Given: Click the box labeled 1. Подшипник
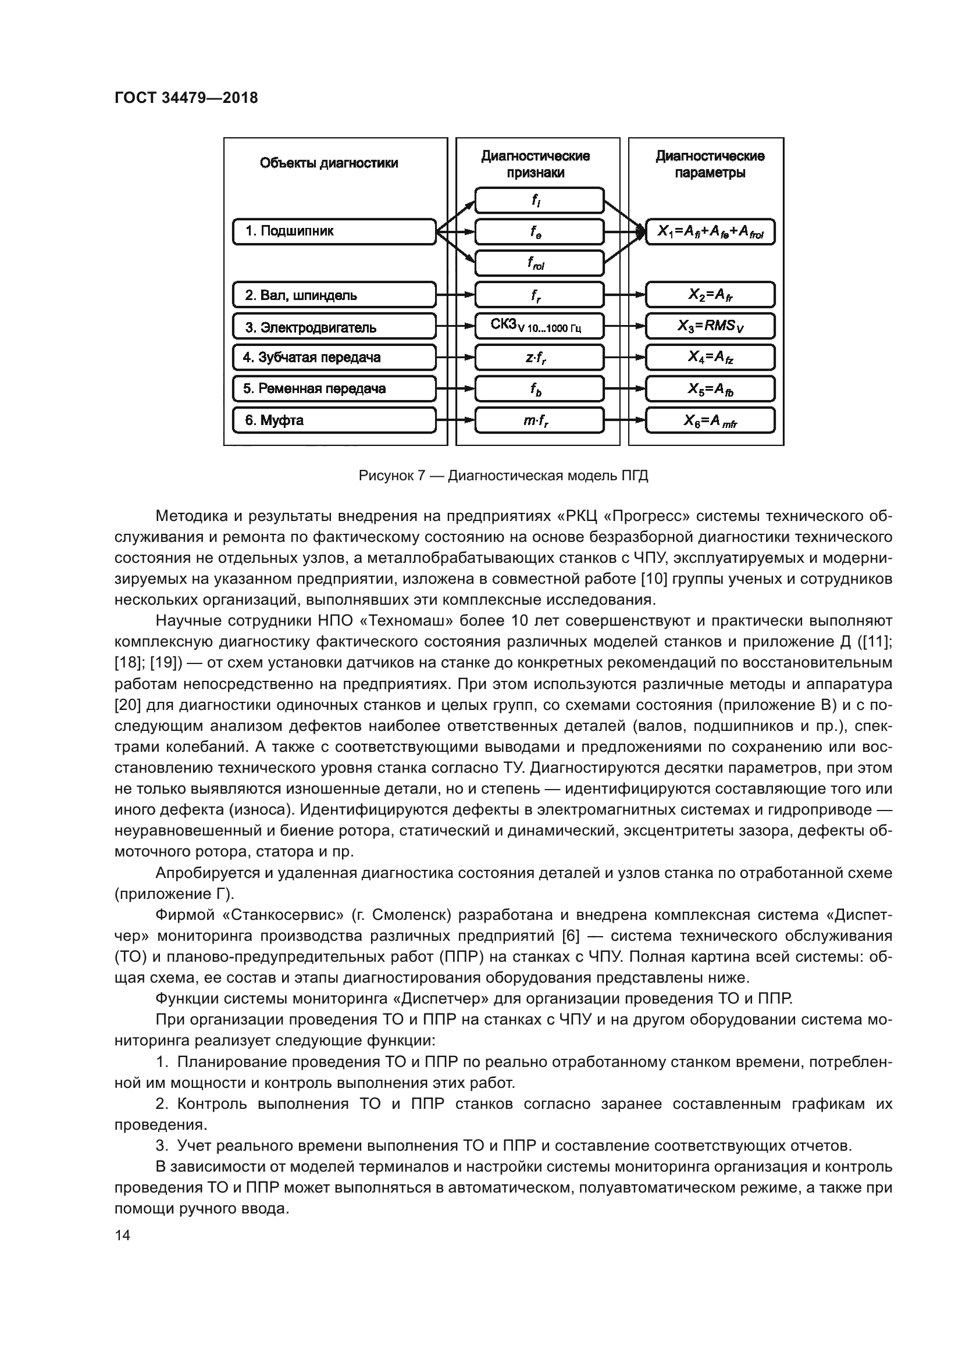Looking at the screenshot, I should (x=333, y=231).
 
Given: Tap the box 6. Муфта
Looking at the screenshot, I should (x=333, y=420).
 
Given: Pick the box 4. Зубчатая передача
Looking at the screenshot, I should (x=333, y=358).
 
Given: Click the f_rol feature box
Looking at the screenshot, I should (x=539, y=263).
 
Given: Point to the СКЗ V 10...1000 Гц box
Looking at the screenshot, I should (x=539, y=326).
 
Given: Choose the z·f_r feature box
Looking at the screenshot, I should (x=539, y=358).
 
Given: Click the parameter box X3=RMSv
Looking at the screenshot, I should (x=710, y=326).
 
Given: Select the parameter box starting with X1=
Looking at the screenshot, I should (x=710, y=231).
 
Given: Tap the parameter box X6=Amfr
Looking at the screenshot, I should (x=710, y=420).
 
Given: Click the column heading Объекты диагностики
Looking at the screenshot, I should (x=329, y=163).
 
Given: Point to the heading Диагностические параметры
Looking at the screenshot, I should (x=710, y=164).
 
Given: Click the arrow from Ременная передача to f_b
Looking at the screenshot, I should (x=455, y=389).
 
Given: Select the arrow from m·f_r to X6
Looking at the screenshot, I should (x=624, y=420).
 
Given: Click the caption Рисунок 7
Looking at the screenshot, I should (x=504, y=476).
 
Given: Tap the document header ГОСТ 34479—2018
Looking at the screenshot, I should (x=186, y=98).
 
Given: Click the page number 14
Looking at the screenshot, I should (x=123, y=1235).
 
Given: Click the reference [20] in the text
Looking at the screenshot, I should (x=127, y=705).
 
